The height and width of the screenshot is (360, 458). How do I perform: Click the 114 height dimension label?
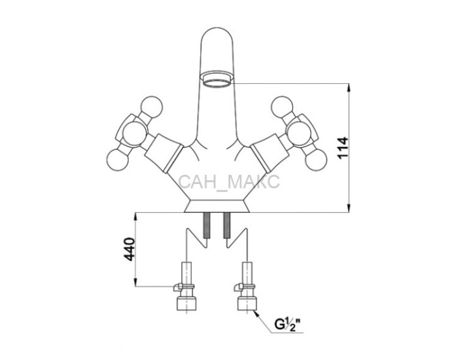pos(343,147)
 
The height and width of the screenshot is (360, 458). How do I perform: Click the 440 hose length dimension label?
pos(129,249)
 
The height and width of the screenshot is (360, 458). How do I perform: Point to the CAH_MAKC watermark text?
pos(229,182)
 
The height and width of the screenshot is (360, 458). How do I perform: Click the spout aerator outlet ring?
pos(217,79)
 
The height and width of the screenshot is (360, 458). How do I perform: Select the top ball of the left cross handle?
pos(151,107)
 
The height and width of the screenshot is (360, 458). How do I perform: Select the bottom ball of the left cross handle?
pos(118,160)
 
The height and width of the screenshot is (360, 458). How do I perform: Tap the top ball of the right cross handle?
pos(282,107)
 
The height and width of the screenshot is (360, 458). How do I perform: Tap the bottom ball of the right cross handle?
pos(315,160)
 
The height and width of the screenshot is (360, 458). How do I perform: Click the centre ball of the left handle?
pos(134,134)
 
